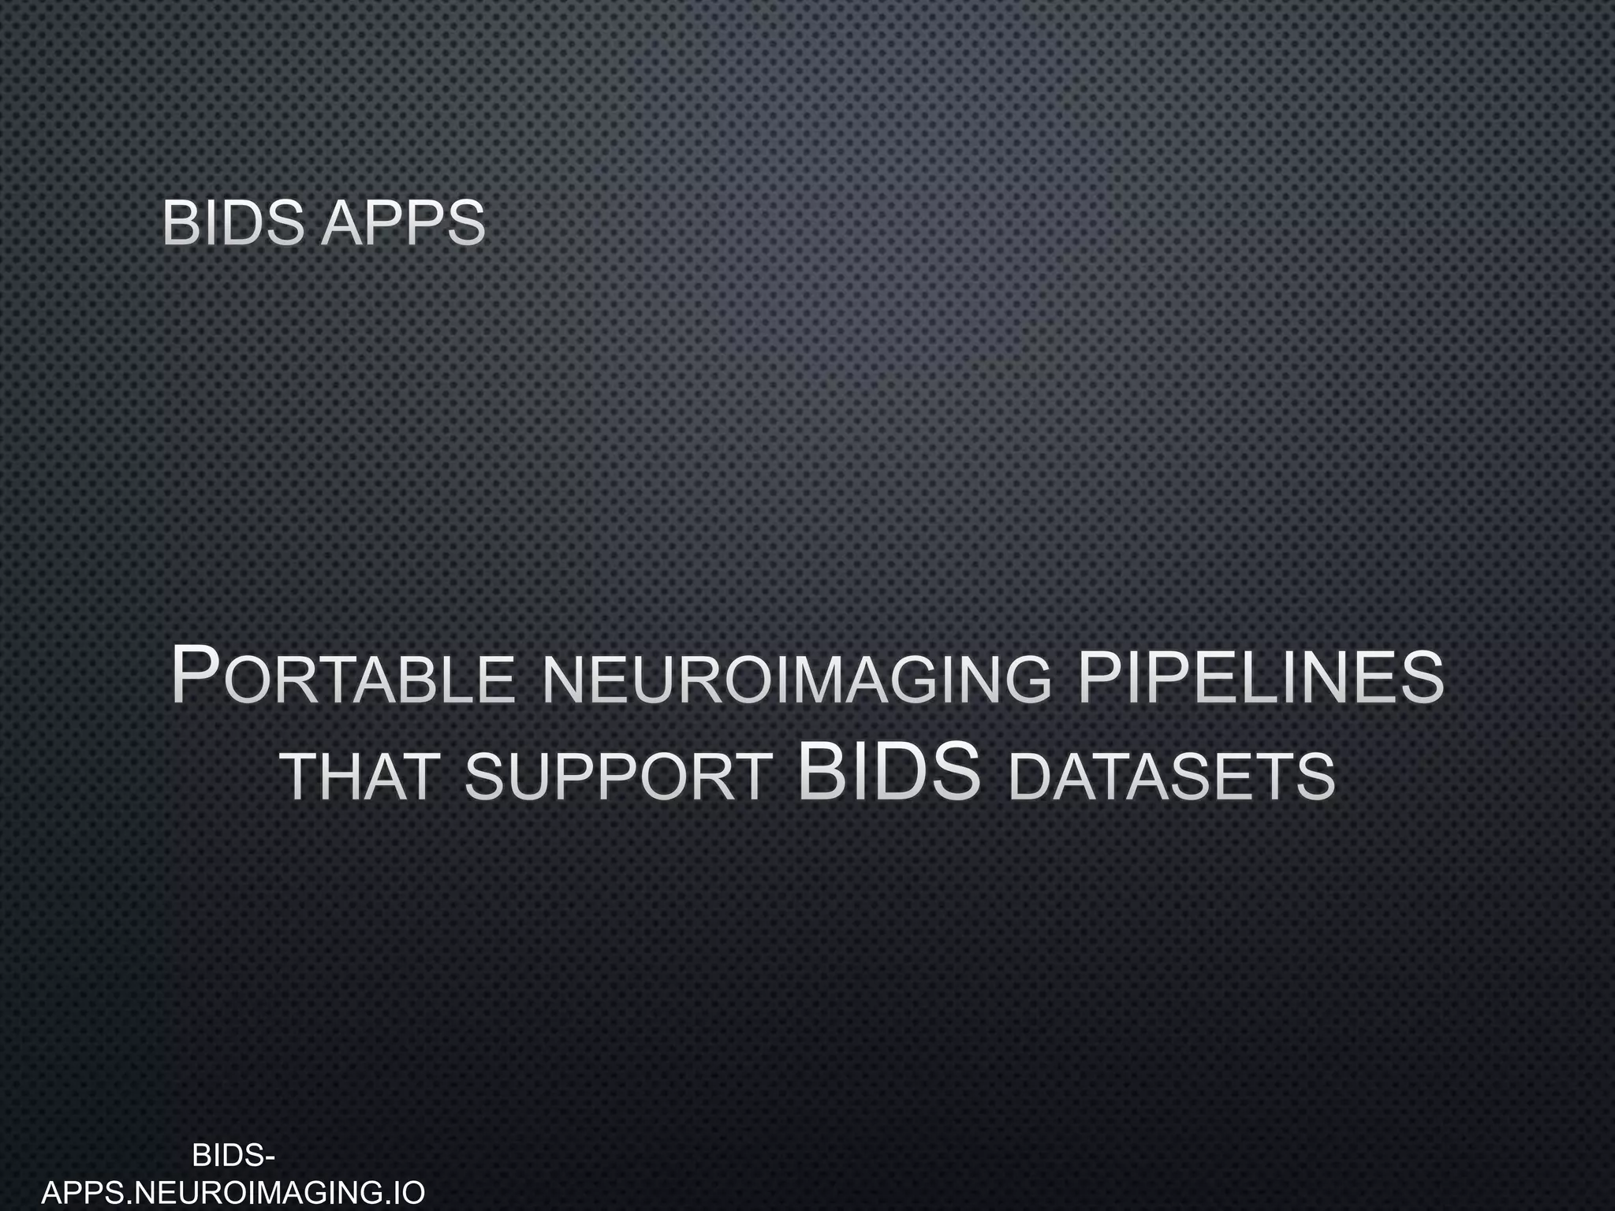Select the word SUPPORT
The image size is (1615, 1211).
tap(618, 777)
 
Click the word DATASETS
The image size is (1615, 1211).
tap(1172, 777)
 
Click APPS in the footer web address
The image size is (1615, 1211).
tap(84, 1192)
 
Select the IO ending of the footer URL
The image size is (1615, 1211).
tap(408, 1192)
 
